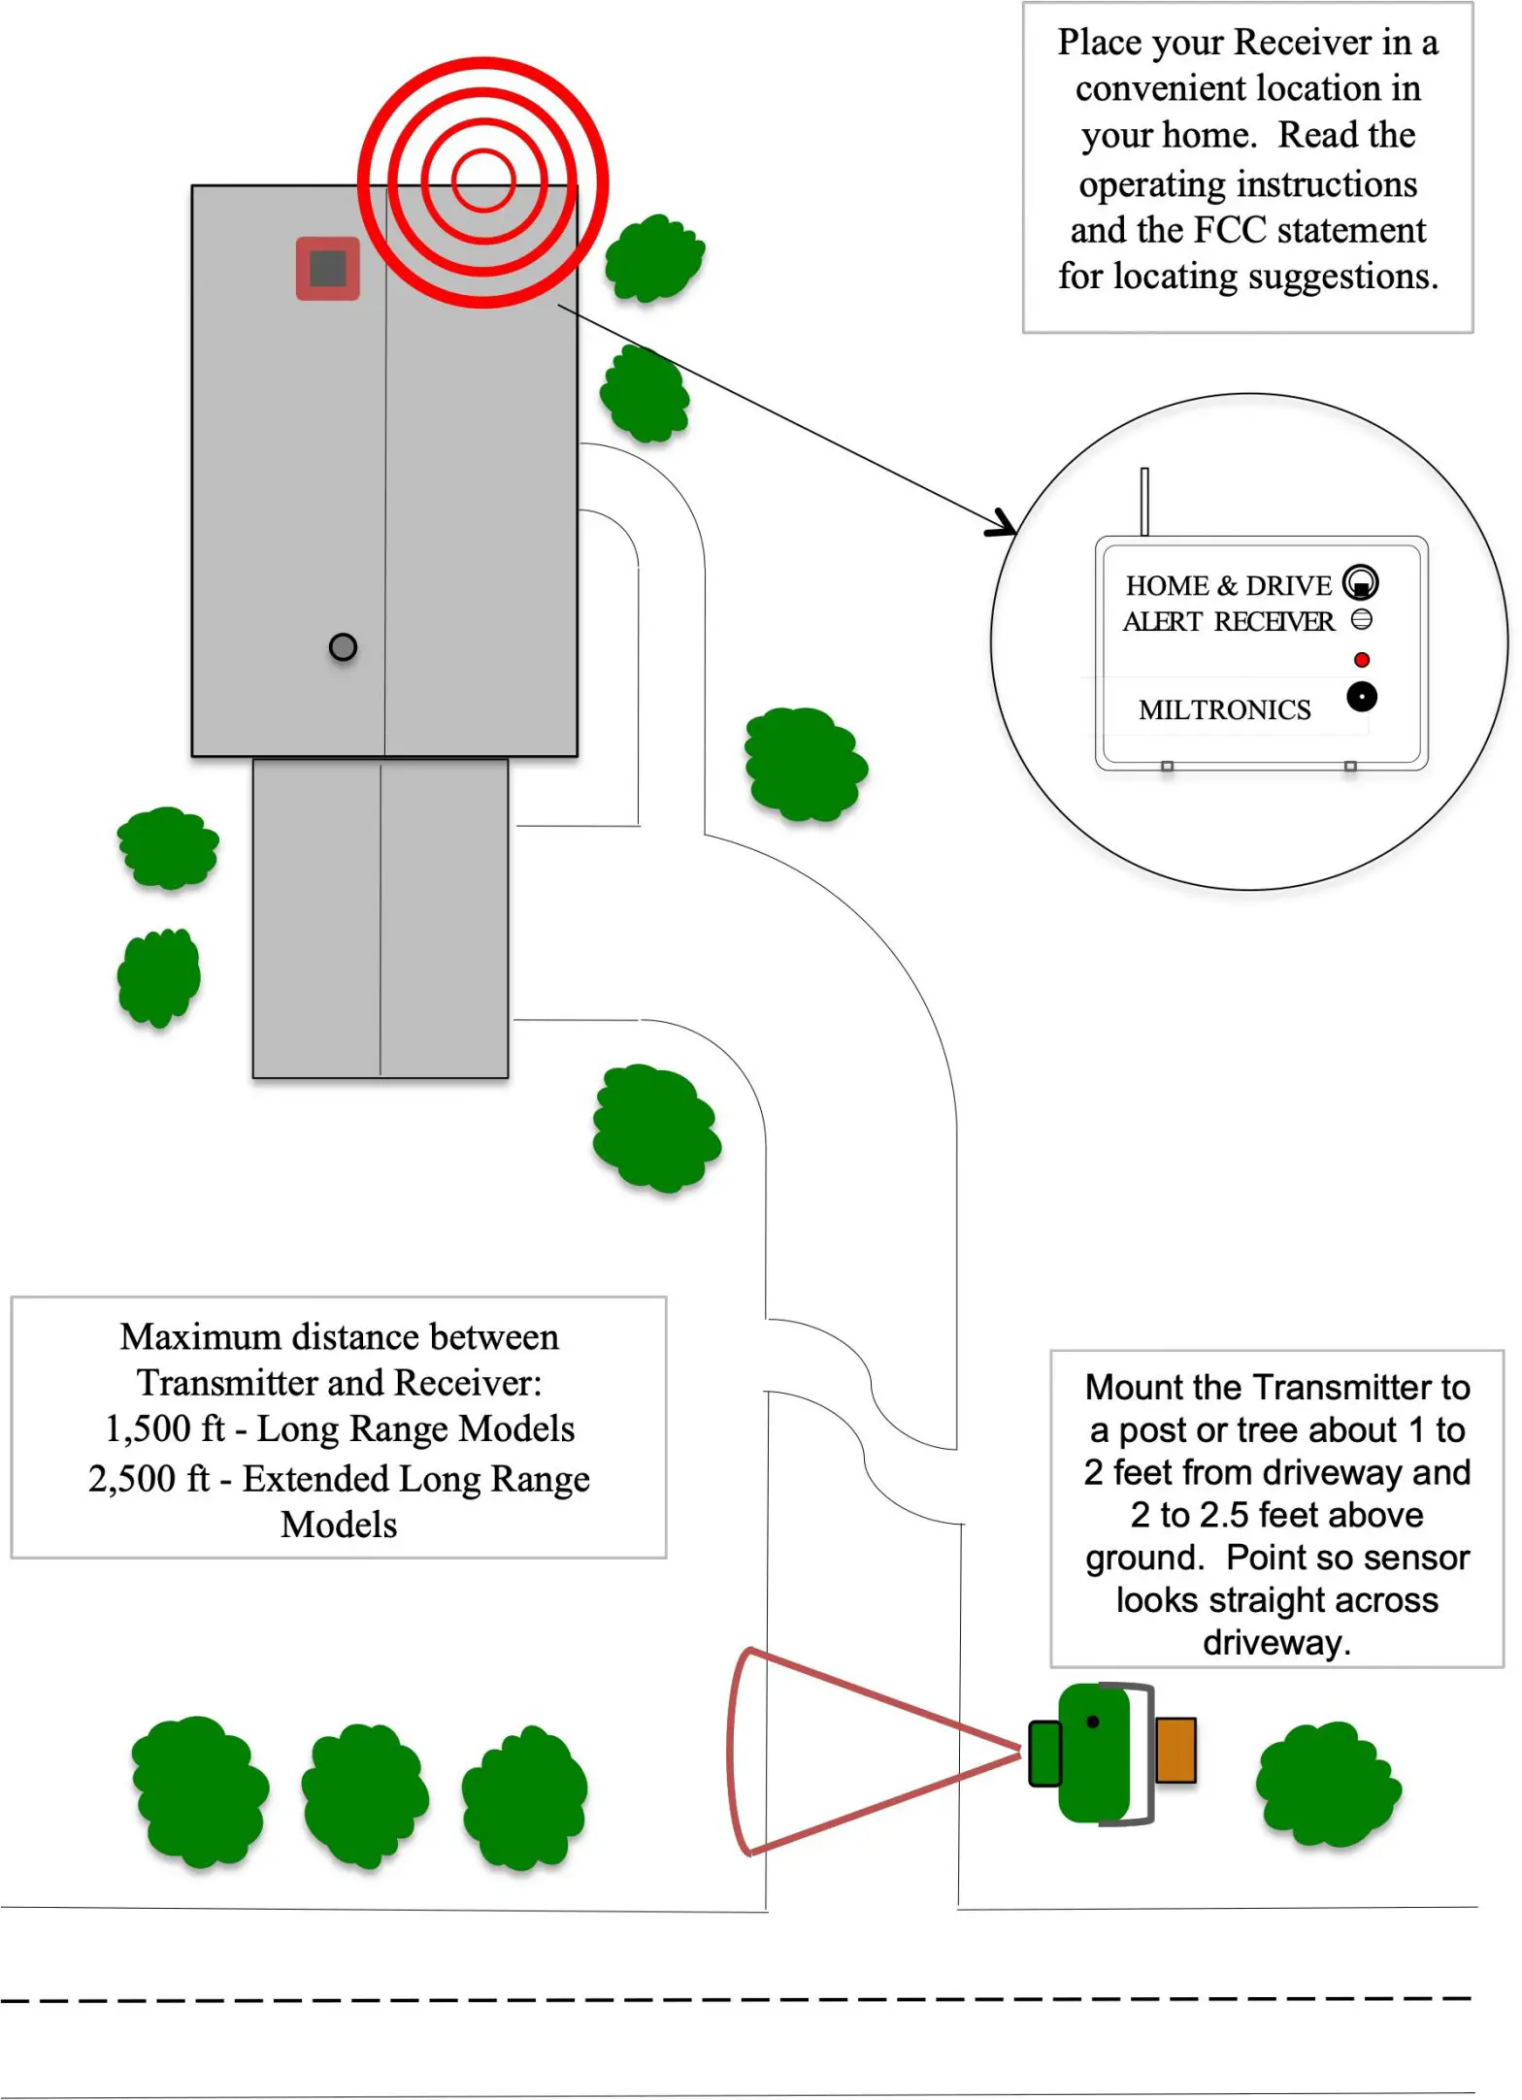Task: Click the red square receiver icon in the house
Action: (x=328, y=269)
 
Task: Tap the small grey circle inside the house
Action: (x=343, y=646)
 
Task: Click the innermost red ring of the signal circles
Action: (x=482, y=181)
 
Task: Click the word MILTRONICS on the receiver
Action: (x=1224, y=710)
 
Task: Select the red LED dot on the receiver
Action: (x=1361, y=660)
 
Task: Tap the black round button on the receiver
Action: (x=1361, y=697)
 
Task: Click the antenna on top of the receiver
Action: (x=1144, y=501)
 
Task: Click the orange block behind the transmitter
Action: (x=1175, y=1750)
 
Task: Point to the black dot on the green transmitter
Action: (x=1092, y=1722)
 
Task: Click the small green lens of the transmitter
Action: (x=1044, y=1753)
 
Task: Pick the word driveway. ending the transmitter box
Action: (x=1276, y=1643)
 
